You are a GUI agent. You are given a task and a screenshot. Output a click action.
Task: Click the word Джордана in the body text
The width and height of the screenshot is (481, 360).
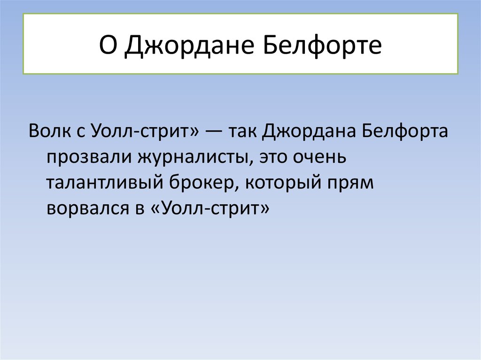click(309, 132)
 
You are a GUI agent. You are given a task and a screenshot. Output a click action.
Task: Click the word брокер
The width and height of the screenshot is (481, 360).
click(204, 183)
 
